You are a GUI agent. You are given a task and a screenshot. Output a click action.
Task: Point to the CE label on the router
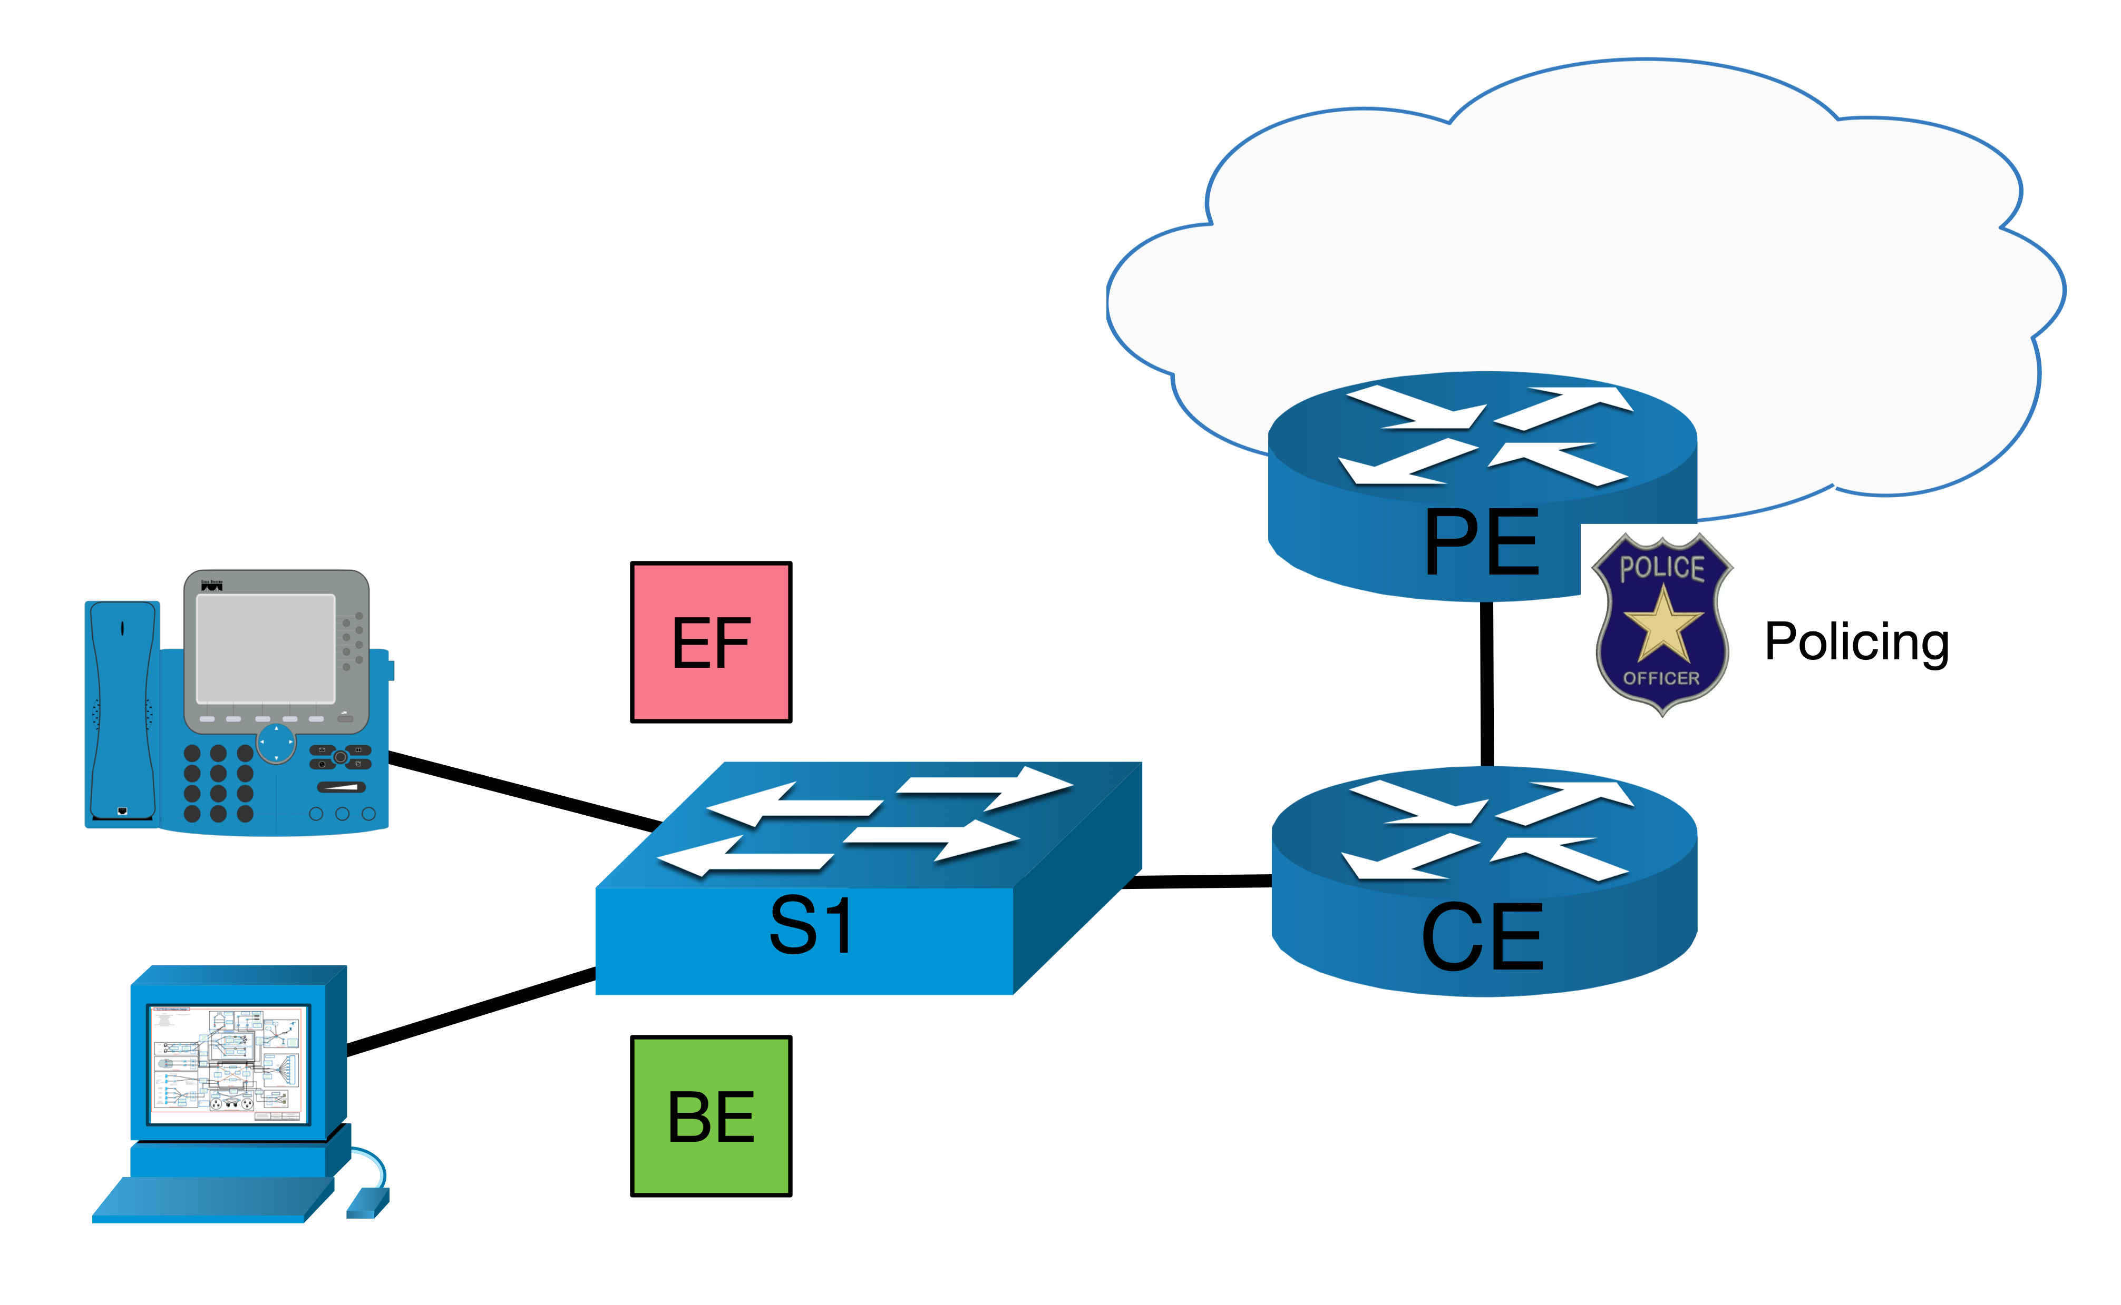coord(1482,937)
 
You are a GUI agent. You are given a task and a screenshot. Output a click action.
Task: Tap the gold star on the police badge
coord(1662,623)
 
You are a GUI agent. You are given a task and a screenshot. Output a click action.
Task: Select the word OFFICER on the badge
coord(1661,678)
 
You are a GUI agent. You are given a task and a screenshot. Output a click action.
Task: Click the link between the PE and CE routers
coord(1486,682)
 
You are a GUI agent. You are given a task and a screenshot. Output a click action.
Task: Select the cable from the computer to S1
coord(471,1012)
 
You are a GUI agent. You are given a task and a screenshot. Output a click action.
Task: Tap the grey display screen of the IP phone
coord(265,647)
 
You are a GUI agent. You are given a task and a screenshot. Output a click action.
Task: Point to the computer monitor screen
coord(228,1063)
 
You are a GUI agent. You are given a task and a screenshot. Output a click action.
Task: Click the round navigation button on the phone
coord(276,742)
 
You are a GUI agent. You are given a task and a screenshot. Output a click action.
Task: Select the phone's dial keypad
coord(219,783)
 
